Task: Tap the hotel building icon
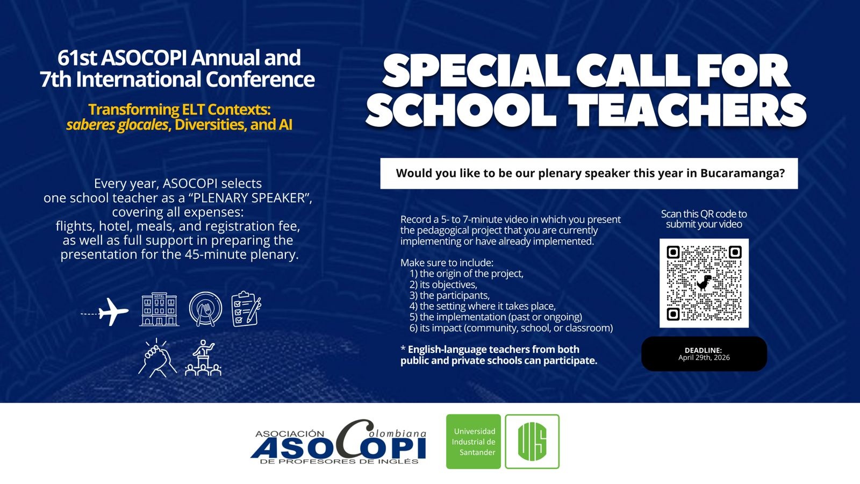159,309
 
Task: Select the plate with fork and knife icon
205,309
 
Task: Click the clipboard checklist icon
246,309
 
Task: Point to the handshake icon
157,358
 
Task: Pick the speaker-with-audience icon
203,358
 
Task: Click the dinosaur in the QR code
704,283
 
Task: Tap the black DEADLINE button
704,354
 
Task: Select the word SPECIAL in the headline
475,72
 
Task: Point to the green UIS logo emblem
532,442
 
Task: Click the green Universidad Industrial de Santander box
474,442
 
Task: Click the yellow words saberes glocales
117,125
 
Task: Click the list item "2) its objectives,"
443,284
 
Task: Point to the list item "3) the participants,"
449,295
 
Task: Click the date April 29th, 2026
704,358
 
